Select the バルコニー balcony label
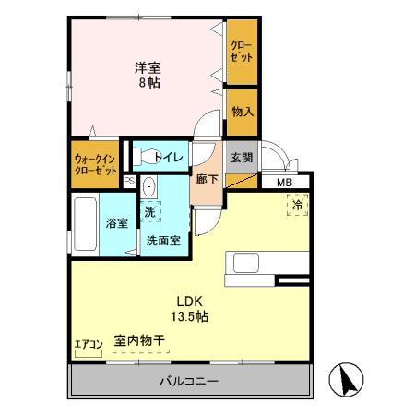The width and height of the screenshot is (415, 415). [187, 381]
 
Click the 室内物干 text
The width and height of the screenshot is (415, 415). [139, 341]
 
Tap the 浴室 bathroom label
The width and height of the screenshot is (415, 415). [116, 223]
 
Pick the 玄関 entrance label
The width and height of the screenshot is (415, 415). [241, 156]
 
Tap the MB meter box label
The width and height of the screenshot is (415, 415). [287, 182]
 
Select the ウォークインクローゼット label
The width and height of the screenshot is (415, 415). [96, 163]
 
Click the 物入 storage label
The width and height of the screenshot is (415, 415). [243, 112]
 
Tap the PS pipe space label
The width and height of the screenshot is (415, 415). [129, 182]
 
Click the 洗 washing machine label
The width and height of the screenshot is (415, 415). [148, 211]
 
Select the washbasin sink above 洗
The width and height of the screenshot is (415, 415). [150, 187]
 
